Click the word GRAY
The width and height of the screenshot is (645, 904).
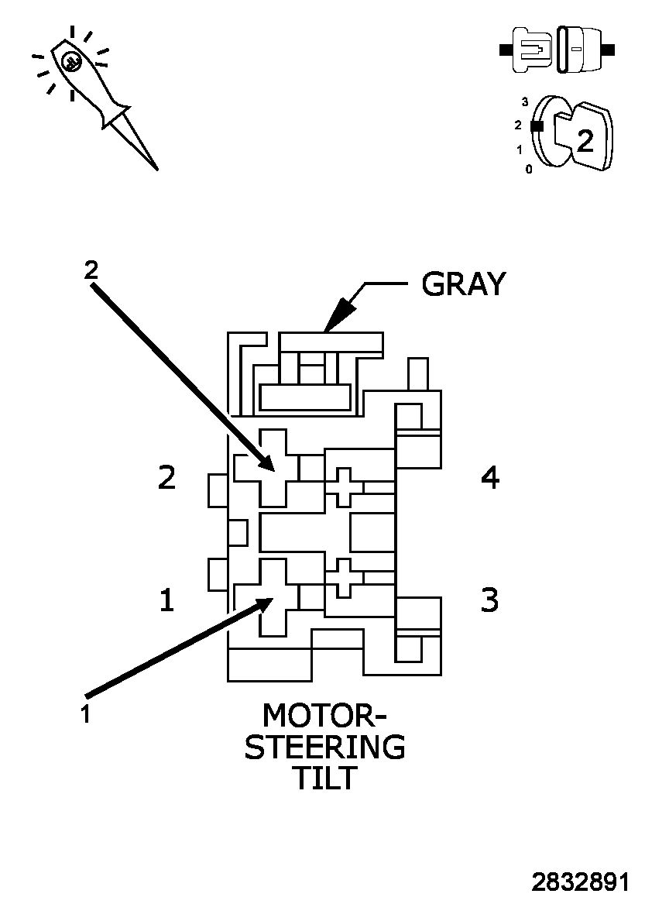pyautogui.click(x=463, y=284)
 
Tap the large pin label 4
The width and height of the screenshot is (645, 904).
pyautogui.click(x=490, y=478)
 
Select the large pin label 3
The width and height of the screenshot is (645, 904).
pyautogui.click(x=489, y=600)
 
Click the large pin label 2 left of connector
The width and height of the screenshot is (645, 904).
pyautogui.click(x=166, y=478)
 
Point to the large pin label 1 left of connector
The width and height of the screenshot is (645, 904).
pyautogui.click(x=166, y=600)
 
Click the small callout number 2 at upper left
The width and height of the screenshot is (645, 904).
pyautogui.click(x=91, y=270)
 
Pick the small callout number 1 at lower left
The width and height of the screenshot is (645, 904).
pyautogui.click(x=86, y=713)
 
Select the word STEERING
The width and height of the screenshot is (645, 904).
pyautogui.click(x=324, y=747)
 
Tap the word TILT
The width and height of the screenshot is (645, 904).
pyautogui.click(x=324, y=779)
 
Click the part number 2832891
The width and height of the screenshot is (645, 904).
pyautogui.click(x=580, y=883)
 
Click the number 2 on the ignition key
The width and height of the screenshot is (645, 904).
pyautogui.click(x=586, y=140)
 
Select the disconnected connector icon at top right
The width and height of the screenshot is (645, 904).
pyautogui.click(x=558, y=50)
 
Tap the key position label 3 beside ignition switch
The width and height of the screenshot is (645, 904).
pyautogui.click(x=525, y=101)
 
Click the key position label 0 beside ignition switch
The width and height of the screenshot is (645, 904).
pyautogui.click(x=529, y=169)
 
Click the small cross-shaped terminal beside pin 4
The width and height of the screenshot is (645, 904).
pyautogui.click(x=344, y=487)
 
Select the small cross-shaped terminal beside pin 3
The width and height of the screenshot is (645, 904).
pyautogui.click(x=344, y=577)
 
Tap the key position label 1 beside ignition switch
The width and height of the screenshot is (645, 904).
pyautogui.click(x=520, y=150)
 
